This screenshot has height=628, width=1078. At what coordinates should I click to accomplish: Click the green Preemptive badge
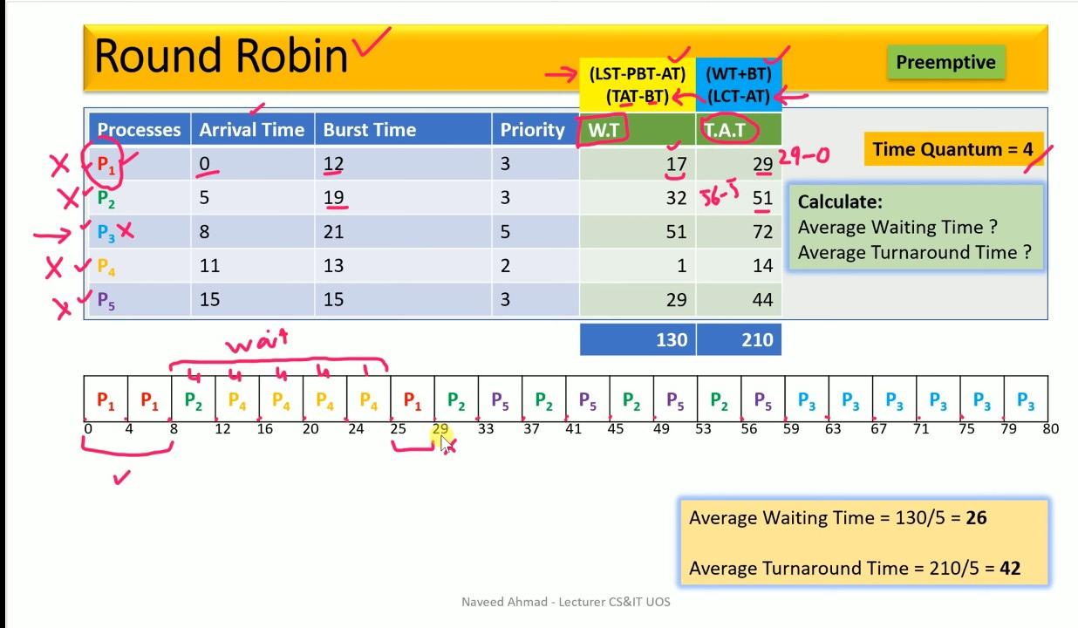[x=946, y=62]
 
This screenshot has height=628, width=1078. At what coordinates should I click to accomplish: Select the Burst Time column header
[x=370, y=130]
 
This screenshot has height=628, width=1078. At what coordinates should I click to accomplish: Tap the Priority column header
[x=532, y=130]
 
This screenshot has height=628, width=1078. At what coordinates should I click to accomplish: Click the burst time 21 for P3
[x=333, y=232]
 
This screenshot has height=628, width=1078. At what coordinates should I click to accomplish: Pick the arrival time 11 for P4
[x=209, y=266]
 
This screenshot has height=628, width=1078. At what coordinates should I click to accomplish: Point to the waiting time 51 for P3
[x=676, y=232]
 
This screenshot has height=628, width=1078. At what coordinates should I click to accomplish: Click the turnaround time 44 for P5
[x=763, y=300]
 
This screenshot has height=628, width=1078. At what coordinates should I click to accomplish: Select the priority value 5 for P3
[x=505, y=232]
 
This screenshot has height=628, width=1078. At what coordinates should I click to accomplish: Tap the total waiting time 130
[x=672, y=340]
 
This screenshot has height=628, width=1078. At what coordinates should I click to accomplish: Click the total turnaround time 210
[x=758, y=340]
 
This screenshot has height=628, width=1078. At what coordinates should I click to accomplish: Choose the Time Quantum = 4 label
[x=953, y=149]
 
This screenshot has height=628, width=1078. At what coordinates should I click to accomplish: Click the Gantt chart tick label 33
[x=486, y=428]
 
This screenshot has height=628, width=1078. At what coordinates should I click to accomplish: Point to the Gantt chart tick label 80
[x=1051, y=428]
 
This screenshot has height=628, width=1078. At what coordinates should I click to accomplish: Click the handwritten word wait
[x=257, y=341]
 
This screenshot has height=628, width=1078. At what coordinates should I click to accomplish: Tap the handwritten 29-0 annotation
[x=803, y=156]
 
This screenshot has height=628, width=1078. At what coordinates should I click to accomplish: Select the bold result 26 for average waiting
[x=977, y=518]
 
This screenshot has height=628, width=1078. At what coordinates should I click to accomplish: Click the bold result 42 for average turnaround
[x=1010, y=569]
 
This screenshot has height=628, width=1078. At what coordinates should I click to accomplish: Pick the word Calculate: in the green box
[x=840, y=201]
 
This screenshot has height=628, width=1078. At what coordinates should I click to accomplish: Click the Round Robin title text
[x=221, y=55]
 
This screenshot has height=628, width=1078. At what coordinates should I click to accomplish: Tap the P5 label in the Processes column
[x=106, y=300]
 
